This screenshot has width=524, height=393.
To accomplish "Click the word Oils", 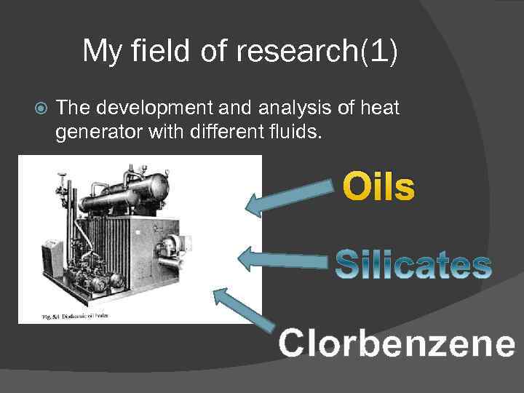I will click(378, 187).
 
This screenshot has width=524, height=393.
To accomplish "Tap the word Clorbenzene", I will click(397, 343).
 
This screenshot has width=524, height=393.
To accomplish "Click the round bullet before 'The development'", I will click(41, 109).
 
